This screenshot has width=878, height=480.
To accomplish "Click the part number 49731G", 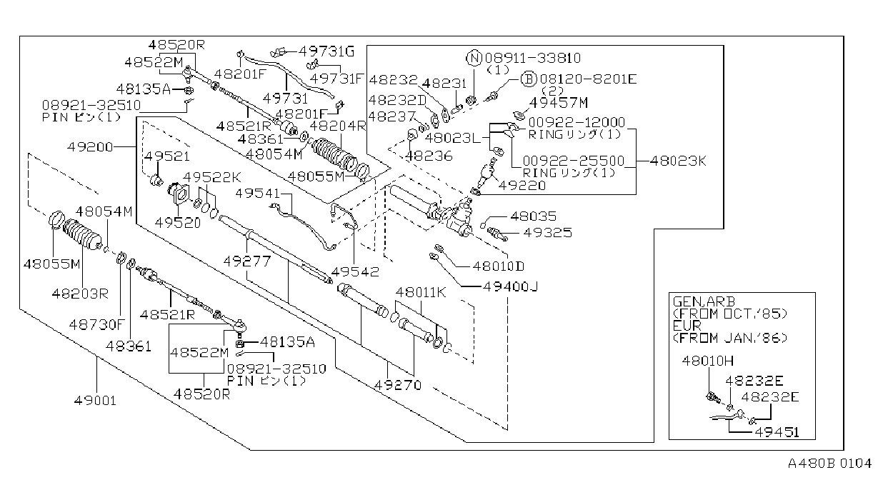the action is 326,51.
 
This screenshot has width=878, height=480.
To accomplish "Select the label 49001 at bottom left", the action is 95,401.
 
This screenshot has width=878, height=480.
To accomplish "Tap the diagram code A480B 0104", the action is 829,464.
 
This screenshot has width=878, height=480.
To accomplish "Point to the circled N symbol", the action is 474,59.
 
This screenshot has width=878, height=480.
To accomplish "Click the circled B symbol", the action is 529,79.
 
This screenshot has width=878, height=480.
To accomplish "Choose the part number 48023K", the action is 678,161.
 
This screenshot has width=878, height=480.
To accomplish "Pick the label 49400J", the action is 510,286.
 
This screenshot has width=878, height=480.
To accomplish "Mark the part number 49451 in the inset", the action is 777,432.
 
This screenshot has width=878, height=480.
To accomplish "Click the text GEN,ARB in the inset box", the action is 704,301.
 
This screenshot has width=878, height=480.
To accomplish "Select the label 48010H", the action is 707,361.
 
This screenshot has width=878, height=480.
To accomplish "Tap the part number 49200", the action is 90,147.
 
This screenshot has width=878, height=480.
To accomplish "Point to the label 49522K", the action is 212,177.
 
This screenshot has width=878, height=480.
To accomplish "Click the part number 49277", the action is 247,261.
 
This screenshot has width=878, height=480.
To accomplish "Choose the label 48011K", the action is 421,292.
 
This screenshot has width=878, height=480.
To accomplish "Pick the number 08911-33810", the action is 533,58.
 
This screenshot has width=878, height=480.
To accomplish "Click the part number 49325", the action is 547,232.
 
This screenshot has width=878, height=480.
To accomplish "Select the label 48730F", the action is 96,324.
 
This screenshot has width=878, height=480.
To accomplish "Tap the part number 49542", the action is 355,271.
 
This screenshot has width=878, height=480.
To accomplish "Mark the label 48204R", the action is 337,126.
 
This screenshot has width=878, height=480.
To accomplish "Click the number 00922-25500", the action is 574,161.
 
